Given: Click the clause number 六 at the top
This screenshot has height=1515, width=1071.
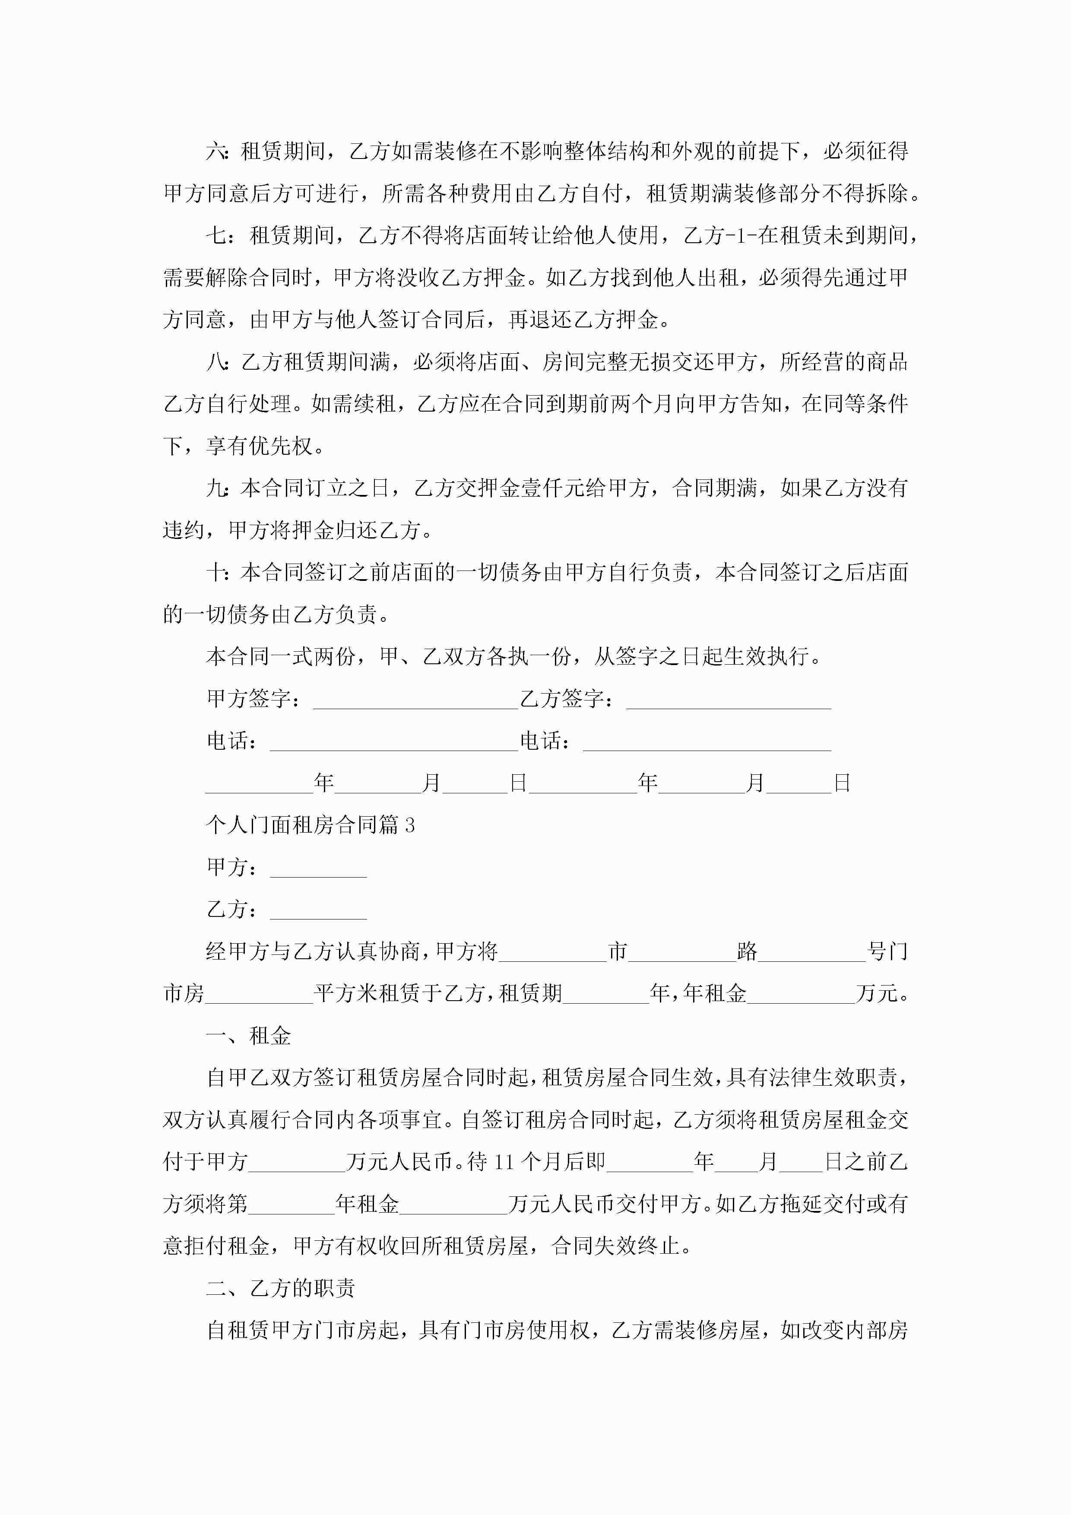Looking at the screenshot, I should pos(216,152).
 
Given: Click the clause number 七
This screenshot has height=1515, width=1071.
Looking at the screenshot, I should pos(216,235).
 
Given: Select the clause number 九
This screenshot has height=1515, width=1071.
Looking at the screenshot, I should pos(216,488).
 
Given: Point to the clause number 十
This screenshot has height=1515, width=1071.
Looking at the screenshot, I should pos(216,572).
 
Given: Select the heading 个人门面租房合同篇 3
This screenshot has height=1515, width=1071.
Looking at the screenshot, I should pos(310,825).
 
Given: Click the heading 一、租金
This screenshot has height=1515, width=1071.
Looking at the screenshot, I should pos(248,1035).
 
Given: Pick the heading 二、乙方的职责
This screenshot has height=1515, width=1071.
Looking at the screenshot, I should pos(280,1287).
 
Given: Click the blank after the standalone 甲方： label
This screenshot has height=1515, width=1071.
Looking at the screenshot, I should pos(318,869).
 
